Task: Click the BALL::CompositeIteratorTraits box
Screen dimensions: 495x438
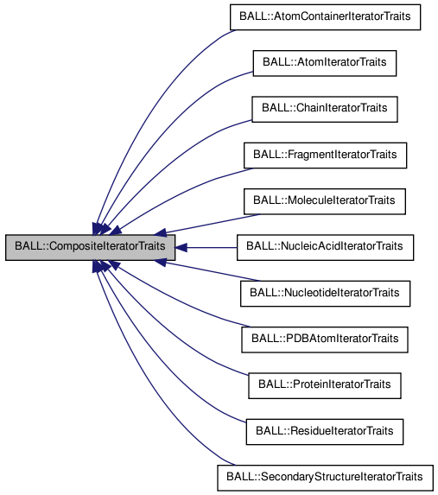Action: [x=91, y=247]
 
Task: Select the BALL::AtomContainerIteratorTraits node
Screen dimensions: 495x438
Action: [x=325, y=17]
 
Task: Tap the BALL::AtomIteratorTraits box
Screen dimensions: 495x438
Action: [x=325, y=63]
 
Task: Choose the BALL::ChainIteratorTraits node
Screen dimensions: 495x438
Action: [x=325, y=109]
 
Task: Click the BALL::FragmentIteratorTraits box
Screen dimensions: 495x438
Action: [x=325, y=155]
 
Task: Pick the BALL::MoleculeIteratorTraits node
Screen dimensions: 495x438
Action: [x=325, y=200]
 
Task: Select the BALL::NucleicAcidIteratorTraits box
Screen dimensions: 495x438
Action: [x=325, y=247]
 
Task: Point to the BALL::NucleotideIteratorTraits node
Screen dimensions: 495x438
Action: [x=325, y=293]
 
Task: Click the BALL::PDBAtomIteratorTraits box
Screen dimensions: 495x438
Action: [x=325, y=339]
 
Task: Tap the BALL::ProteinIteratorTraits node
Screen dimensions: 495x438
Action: [x=325, y=384]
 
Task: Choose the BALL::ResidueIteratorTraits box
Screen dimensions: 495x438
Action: [x=325, y=430]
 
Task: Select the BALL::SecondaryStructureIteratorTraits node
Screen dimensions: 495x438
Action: [x=325, y=476]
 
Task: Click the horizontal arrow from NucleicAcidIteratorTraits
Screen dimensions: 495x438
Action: [x=207, y=247]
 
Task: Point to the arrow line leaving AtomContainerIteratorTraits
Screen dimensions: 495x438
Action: [x=164, y=86]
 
